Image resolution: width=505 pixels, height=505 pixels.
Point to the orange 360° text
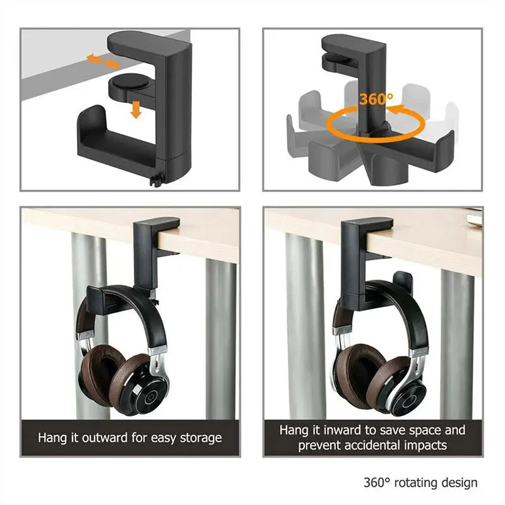click(376, 98)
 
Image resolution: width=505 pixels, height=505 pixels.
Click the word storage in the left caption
click(198, 437)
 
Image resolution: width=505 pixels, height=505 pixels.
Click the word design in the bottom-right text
click(460, 483)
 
